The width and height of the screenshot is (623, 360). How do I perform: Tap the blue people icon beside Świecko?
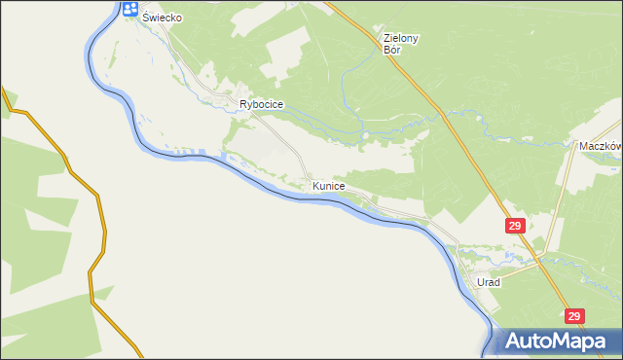[x=130, y=10]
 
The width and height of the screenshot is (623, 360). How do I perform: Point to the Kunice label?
[x=329, y=185]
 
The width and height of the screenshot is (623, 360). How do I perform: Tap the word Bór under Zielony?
[x=392, y=49]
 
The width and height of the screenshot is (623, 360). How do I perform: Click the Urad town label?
[x=488, y=282]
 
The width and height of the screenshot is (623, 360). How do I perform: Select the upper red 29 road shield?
[x=516, y=226]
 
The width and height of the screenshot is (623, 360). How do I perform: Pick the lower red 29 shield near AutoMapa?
[x=574, y=316]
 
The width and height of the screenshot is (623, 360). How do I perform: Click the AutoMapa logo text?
[x=558, y=342]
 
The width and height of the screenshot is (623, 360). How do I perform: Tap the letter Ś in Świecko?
[x=146, y=18]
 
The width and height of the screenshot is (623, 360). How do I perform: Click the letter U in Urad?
[x=480, y=282]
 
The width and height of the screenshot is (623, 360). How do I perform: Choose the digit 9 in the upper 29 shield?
[x=520, y=226]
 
